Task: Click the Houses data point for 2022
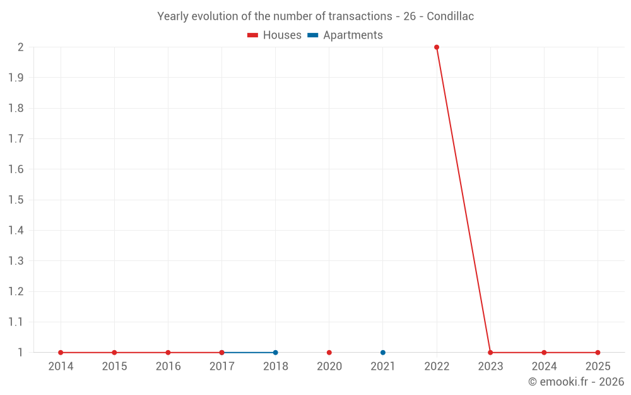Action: point(437,47)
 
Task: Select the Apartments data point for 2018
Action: point(275,353)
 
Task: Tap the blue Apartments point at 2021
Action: point(383,353)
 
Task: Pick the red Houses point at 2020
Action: point(329,353)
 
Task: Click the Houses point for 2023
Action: point(490,353)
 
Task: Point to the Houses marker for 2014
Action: point(61,353)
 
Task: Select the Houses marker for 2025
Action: point(598,353)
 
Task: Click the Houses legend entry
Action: point(274,35)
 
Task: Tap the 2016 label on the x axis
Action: point(168,367)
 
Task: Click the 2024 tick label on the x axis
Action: point(544,367)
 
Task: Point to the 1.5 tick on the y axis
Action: point(16,200)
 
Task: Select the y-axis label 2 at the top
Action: point(20,47)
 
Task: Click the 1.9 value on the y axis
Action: point(16,78)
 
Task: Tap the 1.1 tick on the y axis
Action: point(16,322)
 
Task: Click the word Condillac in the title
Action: point(450,16)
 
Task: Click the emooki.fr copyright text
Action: point(575,382)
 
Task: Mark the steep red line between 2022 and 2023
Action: point(463,200)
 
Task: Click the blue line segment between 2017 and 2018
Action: point(249,353)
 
